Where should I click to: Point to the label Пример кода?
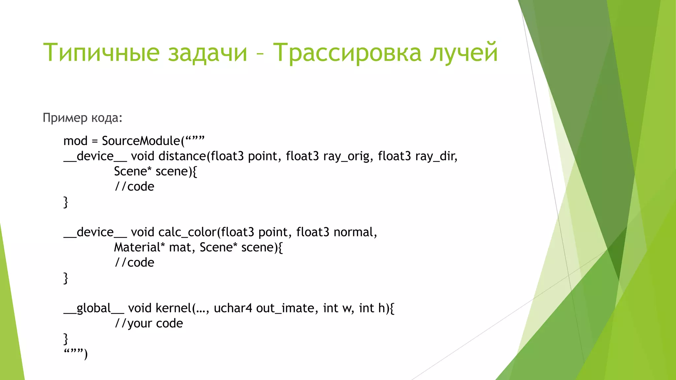click(x=83, y=118)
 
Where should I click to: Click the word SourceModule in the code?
click(x=141, y=141)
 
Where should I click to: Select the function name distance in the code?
click(x=182, y=156)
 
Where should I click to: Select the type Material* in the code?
click(x=139, y=247)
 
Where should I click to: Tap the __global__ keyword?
click(x=94, y=308)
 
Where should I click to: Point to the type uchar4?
click(x=233, y=308)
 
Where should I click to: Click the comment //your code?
click(x=149, y=324)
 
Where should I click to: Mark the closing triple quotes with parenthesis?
click(x=76, y=354)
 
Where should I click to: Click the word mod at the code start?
click(x=75, y=141)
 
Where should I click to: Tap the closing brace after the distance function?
click(x=66, y=202)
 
